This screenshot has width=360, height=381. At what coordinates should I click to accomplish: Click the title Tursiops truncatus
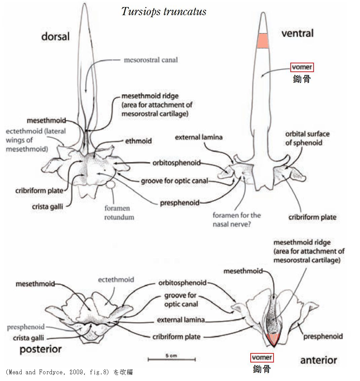164,12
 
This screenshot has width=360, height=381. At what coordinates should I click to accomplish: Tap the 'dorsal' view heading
55,36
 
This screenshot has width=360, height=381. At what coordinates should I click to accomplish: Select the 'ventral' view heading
297,33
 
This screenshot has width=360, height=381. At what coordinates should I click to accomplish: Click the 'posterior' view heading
41,349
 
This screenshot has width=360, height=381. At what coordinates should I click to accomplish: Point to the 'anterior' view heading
318,360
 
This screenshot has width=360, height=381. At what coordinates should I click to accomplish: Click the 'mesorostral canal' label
151,60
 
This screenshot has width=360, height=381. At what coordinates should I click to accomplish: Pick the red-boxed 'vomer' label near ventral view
302,67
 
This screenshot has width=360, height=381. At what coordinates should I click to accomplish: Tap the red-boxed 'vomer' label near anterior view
262,357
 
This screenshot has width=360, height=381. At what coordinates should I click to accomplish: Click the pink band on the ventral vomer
262,41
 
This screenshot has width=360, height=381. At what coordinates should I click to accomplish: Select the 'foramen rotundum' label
119,213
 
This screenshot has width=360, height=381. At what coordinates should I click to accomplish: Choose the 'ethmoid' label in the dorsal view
138,141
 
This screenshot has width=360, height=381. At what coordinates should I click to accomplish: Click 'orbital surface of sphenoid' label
307,138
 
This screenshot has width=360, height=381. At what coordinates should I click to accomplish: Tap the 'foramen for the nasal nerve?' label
237,219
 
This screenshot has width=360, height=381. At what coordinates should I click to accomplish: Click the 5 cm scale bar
171,359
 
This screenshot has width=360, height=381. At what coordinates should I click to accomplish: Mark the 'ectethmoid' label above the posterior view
116,279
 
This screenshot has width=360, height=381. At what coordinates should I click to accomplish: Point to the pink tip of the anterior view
272,339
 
